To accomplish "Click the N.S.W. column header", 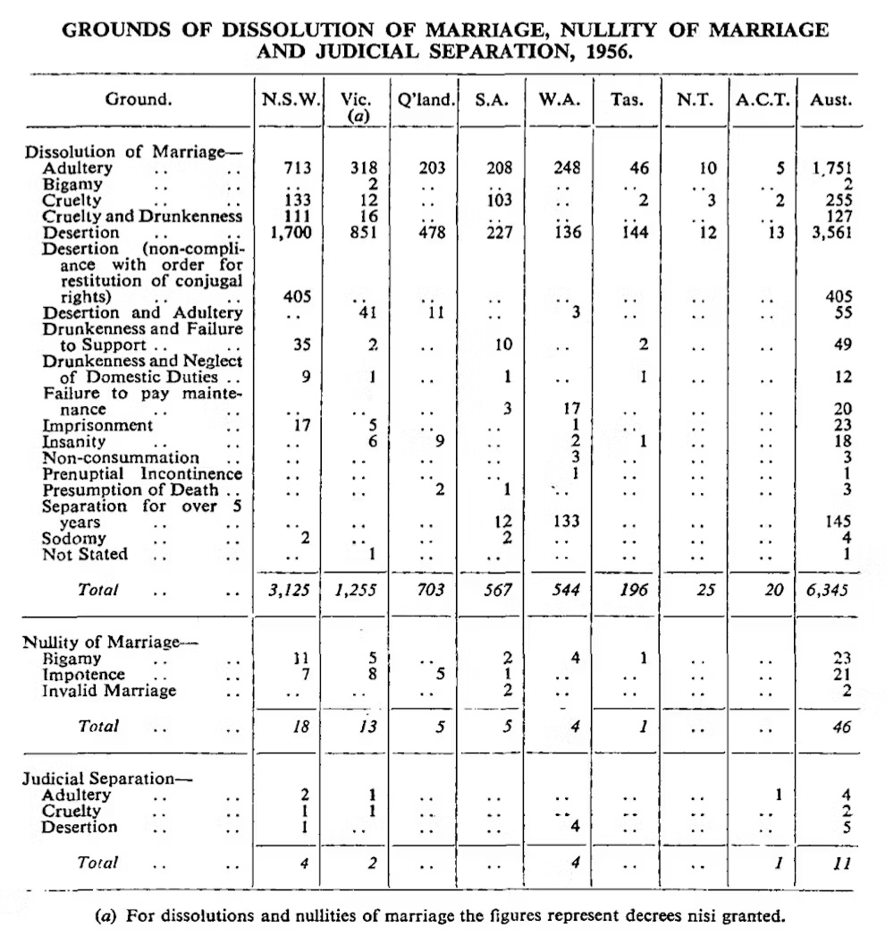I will (x=289, y=100).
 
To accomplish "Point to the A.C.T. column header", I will (x=762, y=100).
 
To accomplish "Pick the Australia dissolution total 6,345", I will (x=828, y=591).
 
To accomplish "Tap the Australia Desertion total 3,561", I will (x=828, y=233).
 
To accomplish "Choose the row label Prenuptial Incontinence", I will (x=141, y=474).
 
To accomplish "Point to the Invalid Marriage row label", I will (x=109, y=691).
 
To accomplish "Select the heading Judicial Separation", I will (x=107, y=779).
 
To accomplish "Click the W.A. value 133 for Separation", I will (x=566, y=523).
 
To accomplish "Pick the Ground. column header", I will (x=138, y=100).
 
